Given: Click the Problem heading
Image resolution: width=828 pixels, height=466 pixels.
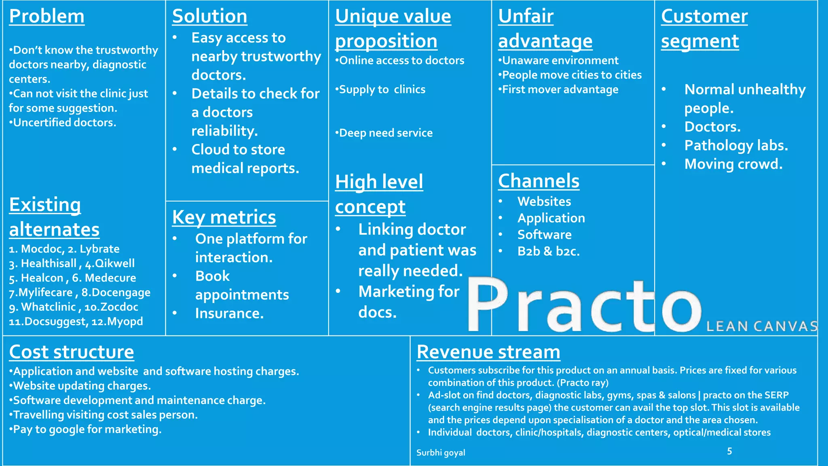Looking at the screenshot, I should click(46, 17).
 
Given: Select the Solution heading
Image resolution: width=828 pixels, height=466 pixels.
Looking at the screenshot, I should click(209, 17).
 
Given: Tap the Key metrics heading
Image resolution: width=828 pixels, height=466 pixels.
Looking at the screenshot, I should click(224, 218).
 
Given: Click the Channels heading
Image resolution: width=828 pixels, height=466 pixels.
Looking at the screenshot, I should click(539, 181).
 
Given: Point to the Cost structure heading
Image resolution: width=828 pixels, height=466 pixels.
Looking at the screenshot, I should click(72, 352).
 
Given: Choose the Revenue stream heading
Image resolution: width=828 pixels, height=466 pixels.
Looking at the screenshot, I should click(488, 352).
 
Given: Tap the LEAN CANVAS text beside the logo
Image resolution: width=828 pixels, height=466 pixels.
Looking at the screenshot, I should click(762, 326).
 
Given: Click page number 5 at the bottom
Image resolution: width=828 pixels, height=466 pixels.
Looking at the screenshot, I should click(729, 451).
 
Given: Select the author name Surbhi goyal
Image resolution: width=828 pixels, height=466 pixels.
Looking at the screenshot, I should click(441, 453).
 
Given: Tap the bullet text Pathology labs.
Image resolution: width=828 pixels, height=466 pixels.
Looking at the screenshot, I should click(736, 146).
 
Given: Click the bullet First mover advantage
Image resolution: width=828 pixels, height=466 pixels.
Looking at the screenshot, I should click(560, 90).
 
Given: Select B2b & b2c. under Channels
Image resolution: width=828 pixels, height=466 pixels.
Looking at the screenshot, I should click(548, 252).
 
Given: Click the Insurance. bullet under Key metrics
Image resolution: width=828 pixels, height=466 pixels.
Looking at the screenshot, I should click(229, 313).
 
